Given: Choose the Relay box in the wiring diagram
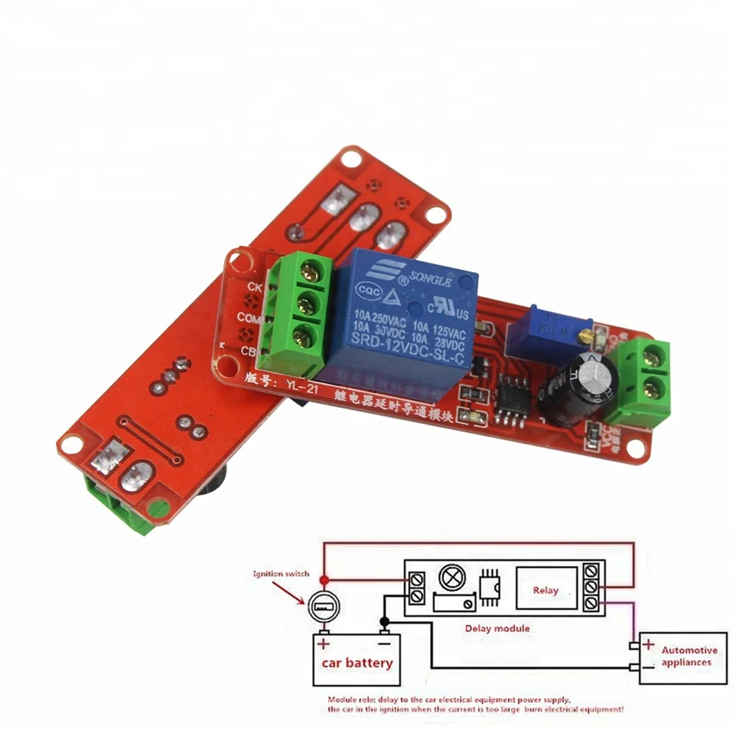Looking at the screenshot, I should [545, 589].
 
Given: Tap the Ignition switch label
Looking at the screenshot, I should [281, 573].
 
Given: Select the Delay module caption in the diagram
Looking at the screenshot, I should [497, 628].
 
